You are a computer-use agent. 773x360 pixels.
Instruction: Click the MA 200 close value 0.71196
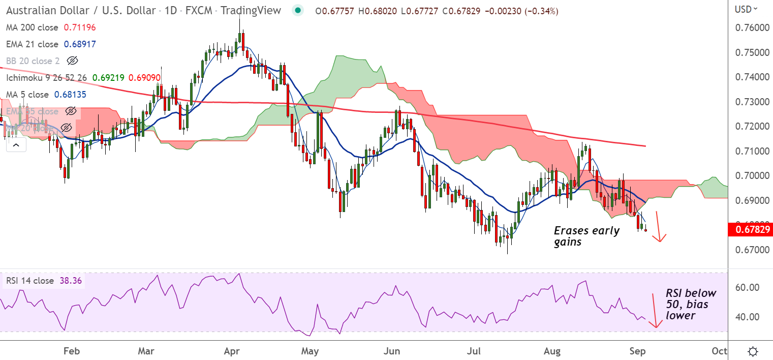80,27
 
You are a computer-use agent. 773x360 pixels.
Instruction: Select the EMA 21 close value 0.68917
80,44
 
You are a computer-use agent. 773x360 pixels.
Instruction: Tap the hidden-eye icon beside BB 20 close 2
73,61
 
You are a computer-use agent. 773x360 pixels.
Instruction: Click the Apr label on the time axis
232,351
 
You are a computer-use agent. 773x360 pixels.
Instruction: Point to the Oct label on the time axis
719,351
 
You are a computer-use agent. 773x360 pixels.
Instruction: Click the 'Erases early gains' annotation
586,236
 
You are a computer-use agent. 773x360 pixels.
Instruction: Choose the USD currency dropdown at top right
747,9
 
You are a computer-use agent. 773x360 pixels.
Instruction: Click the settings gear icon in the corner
753,351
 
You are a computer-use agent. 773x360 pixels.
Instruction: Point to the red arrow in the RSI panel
656,310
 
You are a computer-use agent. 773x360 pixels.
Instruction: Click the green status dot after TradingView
298,11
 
